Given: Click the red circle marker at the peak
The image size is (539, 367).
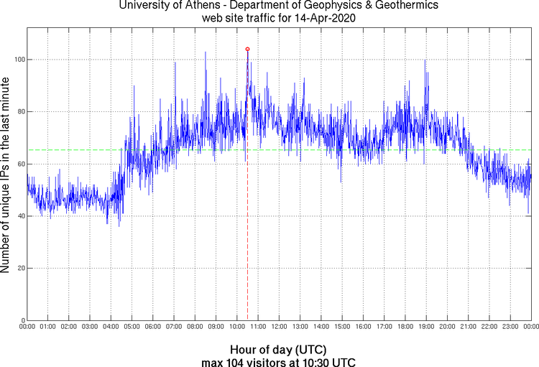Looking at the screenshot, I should (247, 49).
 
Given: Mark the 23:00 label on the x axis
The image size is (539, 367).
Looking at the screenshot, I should (510, 327).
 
